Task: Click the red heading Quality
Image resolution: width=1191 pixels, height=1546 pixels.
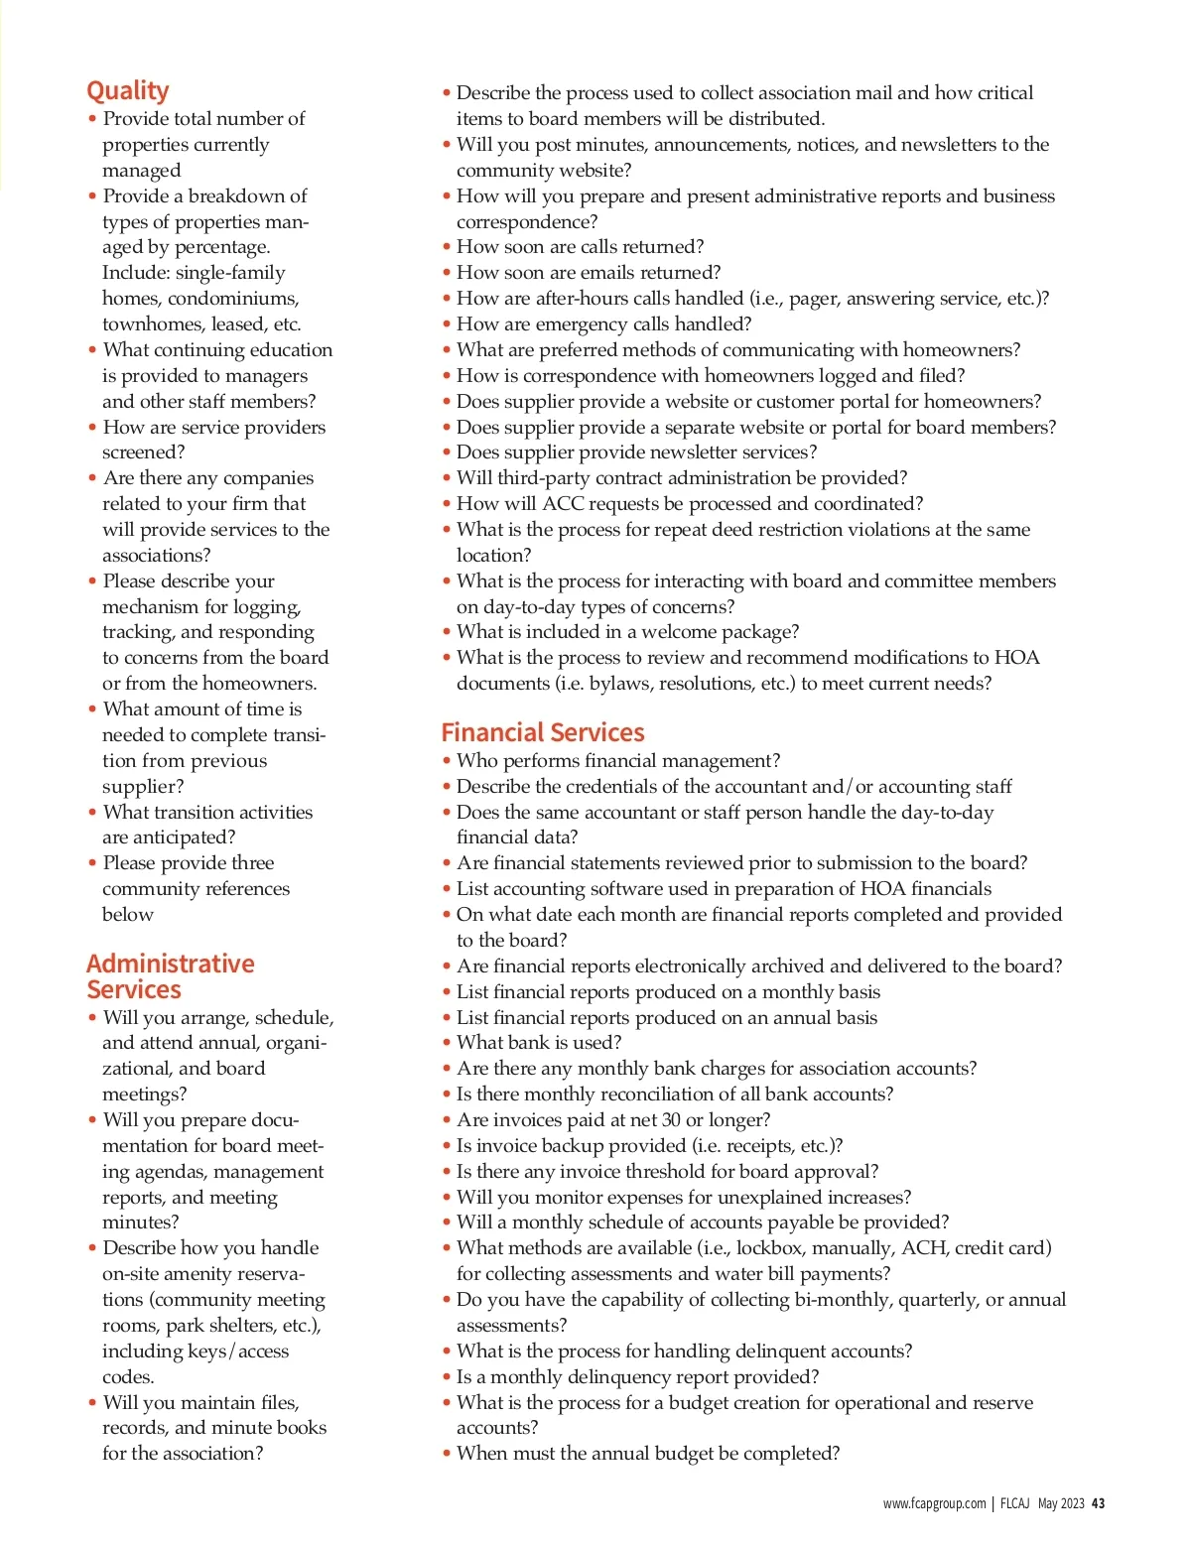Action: (127, 90)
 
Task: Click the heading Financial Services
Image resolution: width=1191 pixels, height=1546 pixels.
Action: (542, 732)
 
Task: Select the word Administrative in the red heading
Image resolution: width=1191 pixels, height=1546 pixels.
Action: (170, 964)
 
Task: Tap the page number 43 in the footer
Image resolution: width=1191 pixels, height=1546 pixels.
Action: (1098, 1503)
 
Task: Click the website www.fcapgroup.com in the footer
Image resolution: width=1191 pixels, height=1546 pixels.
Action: (934, 1503)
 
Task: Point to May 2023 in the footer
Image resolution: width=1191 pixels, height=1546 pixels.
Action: (1060, 1503)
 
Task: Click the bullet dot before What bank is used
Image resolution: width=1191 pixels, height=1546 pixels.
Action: (447, 1042)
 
